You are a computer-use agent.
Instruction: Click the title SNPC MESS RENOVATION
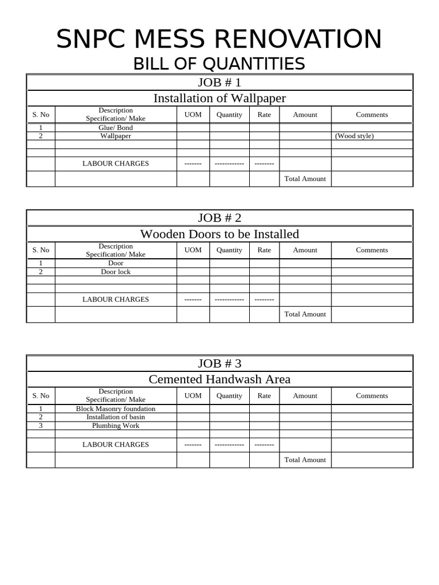click(219, 39)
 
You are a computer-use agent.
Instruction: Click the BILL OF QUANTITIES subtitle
click(219, 64)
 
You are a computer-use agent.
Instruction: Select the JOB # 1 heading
click(219, 82)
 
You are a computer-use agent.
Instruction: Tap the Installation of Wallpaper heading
click(219, 98)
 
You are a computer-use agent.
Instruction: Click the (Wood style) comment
click(354, 136)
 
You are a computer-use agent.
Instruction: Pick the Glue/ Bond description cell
click(115, 128)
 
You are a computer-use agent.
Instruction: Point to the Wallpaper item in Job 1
click(115, 136)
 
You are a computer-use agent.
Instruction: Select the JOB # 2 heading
click(219, 218)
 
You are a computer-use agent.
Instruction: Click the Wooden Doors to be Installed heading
click(219, 234)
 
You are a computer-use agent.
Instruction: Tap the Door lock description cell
click(115, 272)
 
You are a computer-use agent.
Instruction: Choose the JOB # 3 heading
click(219, 363)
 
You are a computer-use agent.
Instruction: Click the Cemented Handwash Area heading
click(219, 379)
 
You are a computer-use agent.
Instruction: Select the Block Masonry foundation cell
click(115, 409)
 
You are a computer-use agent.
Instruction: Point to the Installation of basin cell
click(115, 417)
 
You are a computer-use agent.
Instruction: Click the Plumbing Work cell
click(115, 426)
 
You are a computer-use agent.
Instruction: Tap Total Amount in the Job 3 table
click(305, 460)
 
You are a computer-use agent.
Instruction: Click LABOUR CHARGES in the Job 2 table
click(115, 299)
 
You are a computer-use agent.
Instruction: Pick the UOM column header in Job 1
click(193, 115)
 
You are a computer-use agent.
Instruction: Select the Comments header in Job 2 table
click(372, 250)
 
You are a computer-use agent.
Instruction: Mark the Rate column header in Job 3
click(264, 396)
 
